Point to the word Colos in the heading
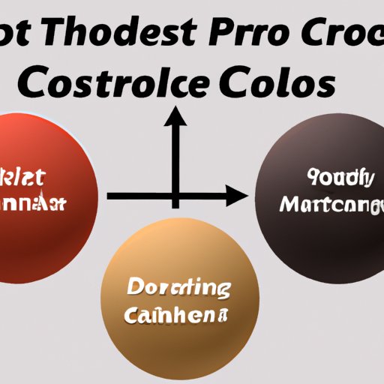click(x=277, y=84)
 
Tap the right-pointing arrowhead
click(x=238, y=197)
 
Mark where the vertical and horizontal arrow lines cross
click(x=176, y=197)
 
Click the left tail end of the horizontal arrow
click(x=110, y=197)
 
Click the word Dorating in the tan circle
click(x=178, y=288)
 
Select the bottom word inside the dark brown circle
click(x=329, y=204)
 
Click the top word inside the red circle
click(x=22, y=179)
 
